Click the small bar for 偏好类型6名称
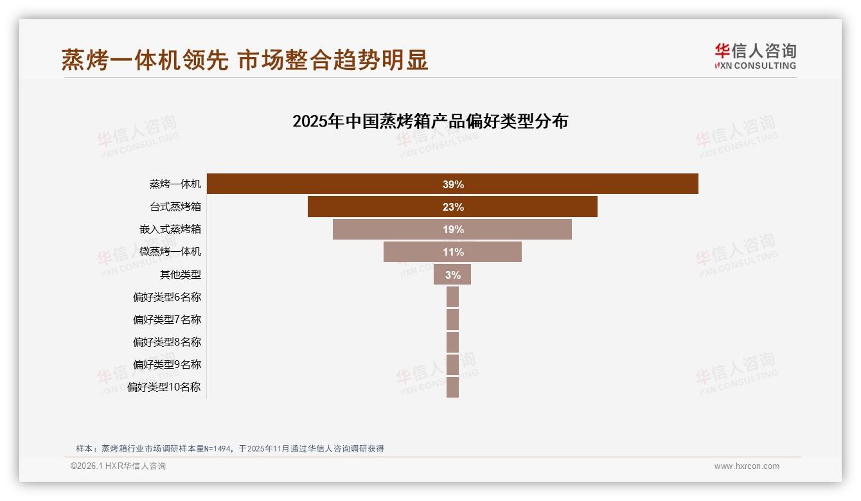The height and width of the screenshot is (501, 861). coord(452,297)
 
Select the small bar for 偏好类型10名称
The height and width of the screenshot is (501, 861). coord(452,387)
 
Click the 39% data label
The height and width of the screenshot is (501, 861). coord(453,184)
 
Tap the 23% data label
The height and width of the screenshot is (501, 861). coord(453,207)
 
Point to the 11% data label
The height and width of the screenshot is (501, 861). coord(453,252)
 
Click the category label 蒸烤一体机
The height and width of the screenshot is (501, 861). coord(175,184)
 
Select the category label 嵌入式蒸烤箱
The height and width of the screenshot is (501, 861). coord(170,229)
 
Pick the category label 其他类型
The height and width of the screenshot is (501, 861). coord(181,274)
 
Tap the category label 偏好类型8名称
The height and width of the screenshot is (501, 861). coord(167,342)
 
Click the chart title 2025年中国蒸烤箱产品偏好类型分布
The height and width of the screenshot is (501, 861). coord(430,121)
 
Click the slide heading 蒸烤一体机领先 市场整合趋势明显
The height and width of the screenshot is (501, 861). coord(245,60)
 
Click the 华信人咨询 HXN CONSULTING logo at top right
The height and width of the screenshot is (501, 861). coord(755,57)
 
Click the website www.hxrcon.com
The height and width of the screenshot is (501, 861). coord(747,466)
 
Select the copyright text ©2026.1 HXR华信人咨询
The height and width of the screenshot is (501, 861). coord(118,466)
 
